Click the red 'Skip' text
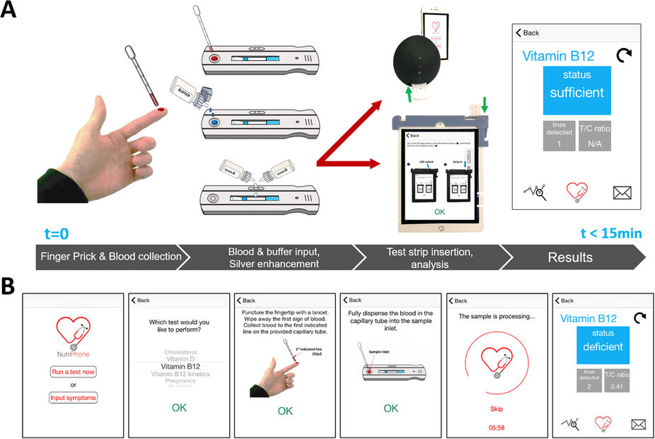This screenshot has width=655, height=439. (x=496, y=409)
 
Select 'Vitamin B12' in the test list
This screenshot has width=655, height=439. (x=180, y=366)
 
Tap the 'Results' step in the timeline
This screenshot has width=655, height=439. (x=569, y=257)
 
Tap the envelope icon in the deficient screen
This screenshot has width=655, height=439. (x=639, y=423)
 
